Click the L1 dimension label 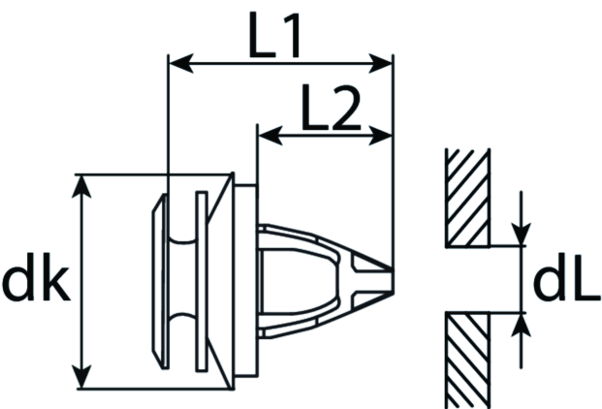274,35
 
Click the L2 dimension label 331,108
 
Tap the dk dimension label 36,276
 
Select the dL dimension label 566,276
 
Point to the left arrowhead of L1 181,63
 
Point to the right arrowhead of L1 380,63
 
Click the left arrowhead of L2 270,136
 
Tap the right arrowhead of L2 380,136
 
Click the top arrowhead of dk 81,186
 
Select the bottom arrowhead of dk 81,377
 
